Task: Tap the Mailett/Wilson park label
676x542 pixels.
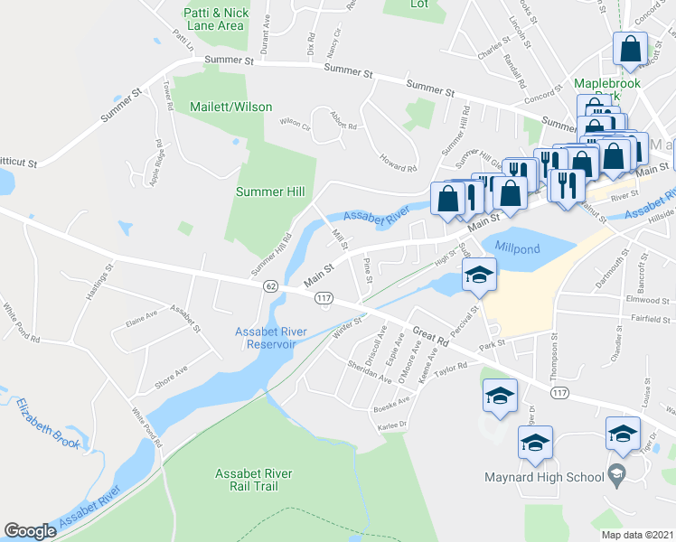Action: (230, 107)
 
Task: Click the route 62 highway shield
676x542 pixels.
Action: (270, 285)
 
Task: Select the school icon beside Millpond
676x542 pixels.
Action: (480, 275)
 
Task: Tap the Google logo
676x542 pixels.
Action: (30, 531)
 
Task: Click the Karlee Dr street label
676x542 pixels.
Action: (395, 423)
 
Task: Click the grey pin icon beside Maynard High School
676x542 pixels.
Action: (616, 472)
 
